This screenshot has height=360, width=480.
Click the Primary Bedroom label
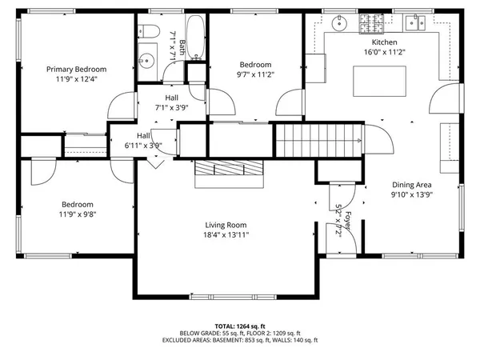(76, 70)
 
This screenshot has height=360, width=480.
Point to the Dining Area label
(414, 183)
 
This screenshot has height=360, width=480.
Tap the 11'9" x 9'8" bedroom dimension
(77, 215)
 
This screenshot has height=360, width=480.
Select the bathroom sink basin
(146, 61)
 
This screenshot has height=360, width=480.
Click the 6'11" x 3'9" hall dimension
(143, 146)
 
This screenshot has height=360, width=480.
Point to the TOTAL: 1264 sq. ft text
(239, 326)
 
